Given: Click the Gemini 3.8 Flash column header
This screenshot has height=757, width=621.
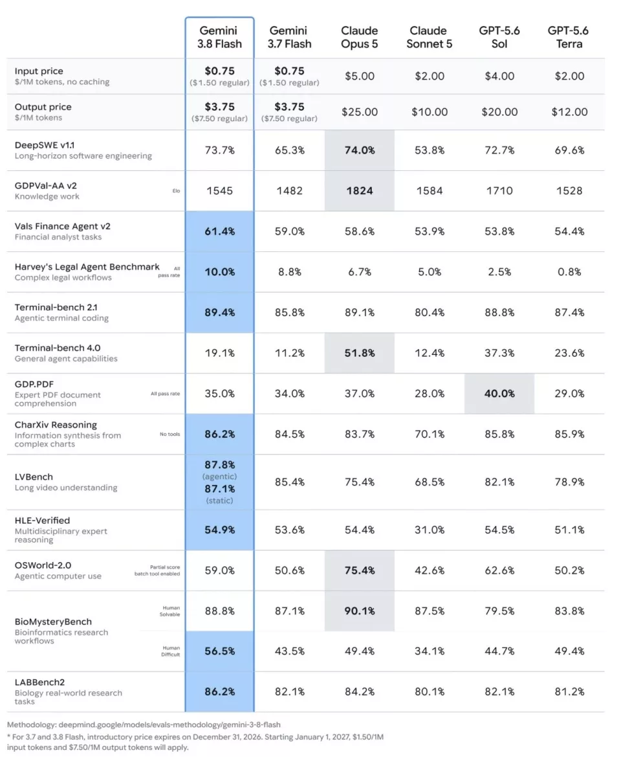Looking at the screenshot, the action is click(x=219, y=37).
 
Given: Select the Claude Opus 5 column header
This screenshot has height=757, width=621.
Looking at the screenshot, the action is click(x=359, y=37).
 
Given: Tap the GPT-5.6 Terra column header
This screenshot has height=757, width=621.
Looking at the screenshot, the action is click(x=569, y=37).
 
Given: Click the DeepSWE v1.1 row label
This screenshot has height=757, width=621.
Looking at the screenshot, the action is click(x=45, y=145).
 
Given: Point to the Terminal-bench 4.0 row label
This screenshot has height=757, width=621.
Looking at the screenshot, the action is click(x=58, y=348).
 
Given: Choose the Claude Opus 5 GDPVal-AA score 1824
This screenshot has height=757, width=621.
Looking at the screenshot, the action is click(x=359, y=190).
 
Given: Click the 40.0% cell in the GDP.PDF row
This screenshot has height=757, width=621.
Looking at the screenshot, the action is click(x=499, y=394).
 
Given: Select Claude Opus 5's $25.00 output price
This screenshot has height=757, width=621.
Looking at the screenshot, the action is click(x=359, y=112).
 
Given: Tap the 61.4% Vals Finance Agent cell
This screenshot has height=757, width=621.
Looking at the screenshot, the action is click(x=219, y=231).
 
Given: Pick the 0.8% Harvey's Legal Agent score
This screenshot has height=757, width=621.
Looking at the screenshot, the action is click(x=569, y=272).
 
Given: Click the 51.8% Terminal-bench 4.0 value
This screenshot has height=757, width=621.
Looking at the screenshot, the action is click(x=359, y=353).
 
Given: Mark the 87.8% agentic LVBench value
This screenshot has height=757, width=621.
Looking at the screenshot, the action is click(x=219, y=464).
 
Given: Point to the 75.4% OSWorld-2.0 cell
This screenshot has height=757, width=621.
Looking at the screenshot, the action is click(x=359, y=570).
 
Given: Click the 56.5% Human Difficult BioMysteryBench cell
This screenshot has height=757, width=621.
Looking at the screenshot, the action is click(x=219, y=651).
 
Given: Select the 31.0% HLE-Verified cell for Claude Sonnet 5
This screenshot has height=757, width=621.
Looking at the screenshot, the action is click(x=429, y=530).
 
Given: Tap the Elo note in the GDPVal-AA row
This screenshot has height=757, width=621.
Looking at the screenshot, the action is click(x=176, y=190).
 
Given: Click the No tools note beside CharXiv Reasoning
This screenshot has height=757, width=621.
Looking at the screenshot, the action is click(x=169, y=434).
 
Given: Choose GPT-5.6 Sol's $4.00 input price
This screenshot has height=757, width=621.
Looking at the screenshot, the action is click(x=499, y=76).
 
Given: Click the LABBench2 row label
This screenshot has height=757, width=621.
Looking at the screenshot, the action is click(x=39, y=682).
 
